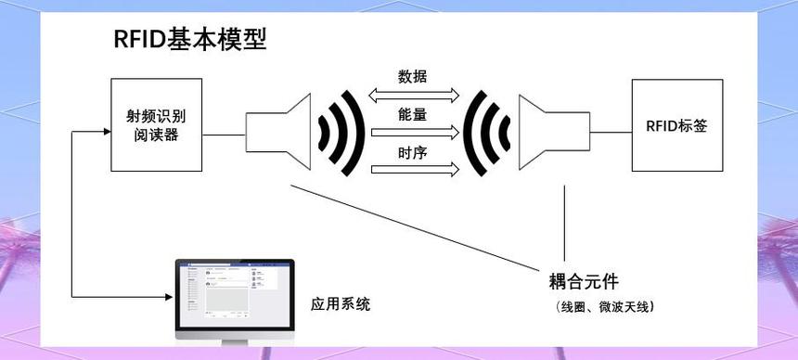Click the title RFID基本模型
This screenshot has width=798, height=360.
point(190,39)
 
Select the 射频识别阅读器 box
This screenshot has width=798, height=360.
point(157,124)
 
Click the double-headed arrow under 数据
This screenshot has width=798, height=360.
point(414,94)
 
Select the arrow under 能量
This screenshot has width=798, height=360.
point(414,132)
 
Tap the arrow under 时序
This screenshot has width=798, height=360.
point(414,169)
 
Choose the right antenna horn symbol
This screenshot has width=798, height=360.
point(553,133)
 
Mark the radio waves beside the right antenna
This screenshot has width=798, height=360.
point(489,133)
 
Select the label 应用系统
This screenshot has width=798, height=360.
point(341,303)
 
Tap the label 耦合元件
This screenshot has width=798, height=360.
point(584,281)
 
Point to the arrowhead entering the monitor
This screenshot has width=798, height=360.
point(170,297)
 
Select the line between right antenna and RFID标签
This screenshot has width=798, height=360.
point(611,133)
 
